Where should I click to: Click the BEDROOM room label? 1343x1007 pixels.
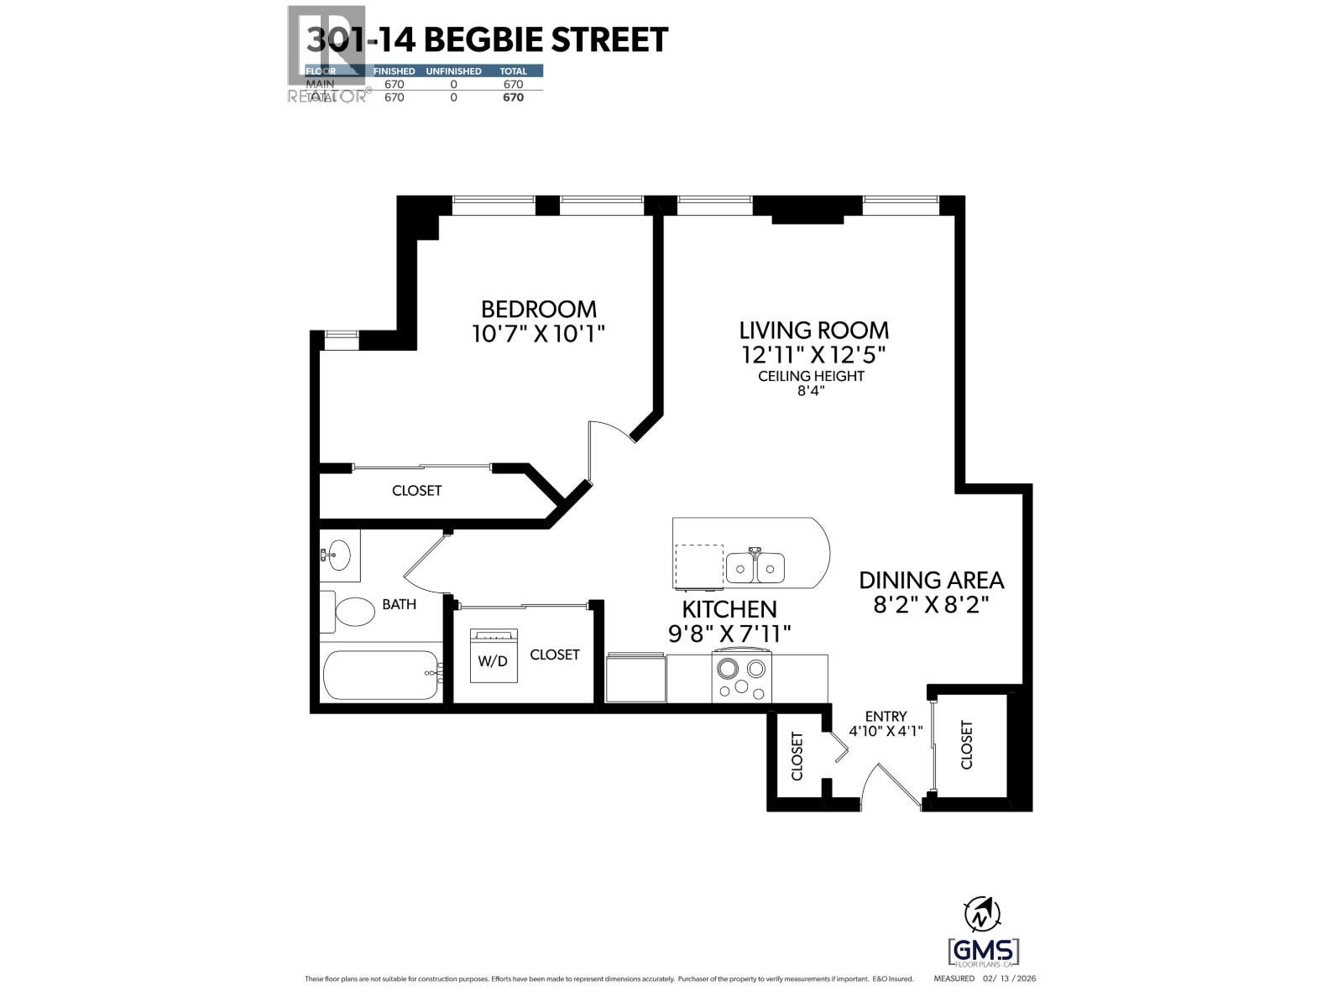click(x=538, y=309)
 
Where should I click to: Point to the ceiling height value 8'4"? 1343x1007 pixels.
click(x=811, y=391)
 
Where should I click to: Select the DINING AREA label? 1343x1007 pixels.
click(x=931, y=580)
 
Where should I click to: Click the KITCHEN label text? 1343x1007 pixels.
click(x=729, y=609)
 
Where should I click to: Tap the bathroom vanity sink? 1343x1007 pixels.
click(x=338, y=554)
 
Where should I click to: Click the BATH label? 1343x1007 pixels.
click(x=399, y=604)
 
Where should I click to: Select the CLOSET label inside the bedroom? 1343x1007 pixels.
click(x=416, y=491)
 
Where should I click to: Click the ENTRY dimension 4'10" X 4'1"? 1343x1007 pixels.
click(x=886, y=731)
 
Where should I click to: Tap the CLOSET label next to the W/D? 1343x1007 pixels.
click(x=555, y=655)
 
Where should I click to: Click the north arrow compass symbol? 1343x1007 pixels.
click(x=983, y=914)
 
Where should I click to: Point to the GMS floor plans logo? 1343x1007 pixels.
click(x=983, y=952)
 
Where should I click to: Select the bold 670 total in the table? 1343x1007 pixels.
click(x=513, y=97)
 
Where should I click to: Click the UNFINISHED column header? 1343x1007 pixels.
click(x=453, y=71)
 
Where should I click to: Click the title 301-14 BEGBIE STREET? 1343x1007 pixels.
click(x=487, y=39)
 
